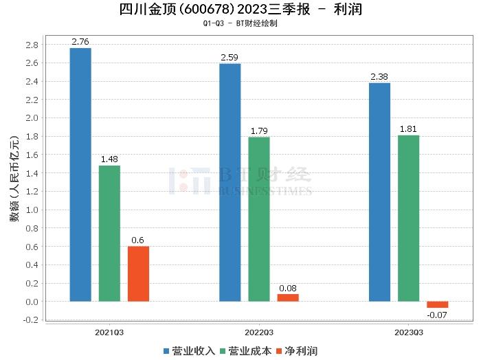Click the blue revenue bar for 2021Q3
coord(80,175)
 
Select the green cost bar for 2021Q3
coord(109,234)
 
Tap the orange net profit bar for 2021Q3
coord(138,273)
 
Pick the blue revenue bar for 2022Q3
coord(230,182)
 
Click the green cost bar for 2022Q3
coord(259,219)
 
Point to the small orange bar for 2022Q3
coord(288,297)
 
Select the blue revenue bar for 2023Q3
coord(379,192)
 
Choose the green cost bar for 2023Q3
coord(408,218)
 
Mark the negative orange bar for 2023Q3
coord(437,304)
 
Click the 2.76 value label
coord(81,43)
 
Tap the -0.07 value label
coord(437,315)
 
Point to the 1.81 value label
coord(408,129)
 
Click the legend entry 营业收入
coord(189,351)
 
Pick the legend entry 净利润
coord(296,351)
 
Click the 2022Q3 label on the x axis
coord(259,332)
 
